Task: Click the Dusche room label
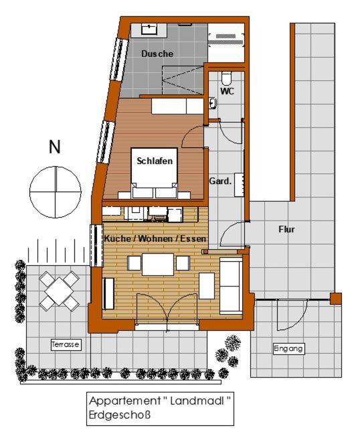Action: tap(157, 54)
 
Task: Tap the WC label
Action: tap(227, 92)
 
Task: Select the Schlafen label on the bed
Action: tap(155, 161)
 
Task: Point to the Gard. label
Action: tap(220, 181)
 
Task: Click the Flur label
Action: tap(286, 229)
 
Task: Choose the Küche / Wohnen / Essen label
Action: tap(155, 238)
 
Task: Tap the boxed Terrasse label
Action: tap(66, 344)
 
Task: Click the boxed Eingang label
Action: tap(289, 348)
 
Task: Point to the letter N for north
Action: tap(55, 147)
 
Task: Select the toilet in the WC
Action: tap(226, 74)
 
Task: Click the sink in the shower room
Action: tap(149, 29)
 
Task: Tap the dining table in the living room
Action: tap(158, 264)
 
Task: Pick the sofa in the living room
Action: tap(231, 285)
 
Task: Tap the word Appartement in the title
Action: tap(122, 402)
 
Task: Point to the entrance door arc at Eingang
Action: tap(292, 311)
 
